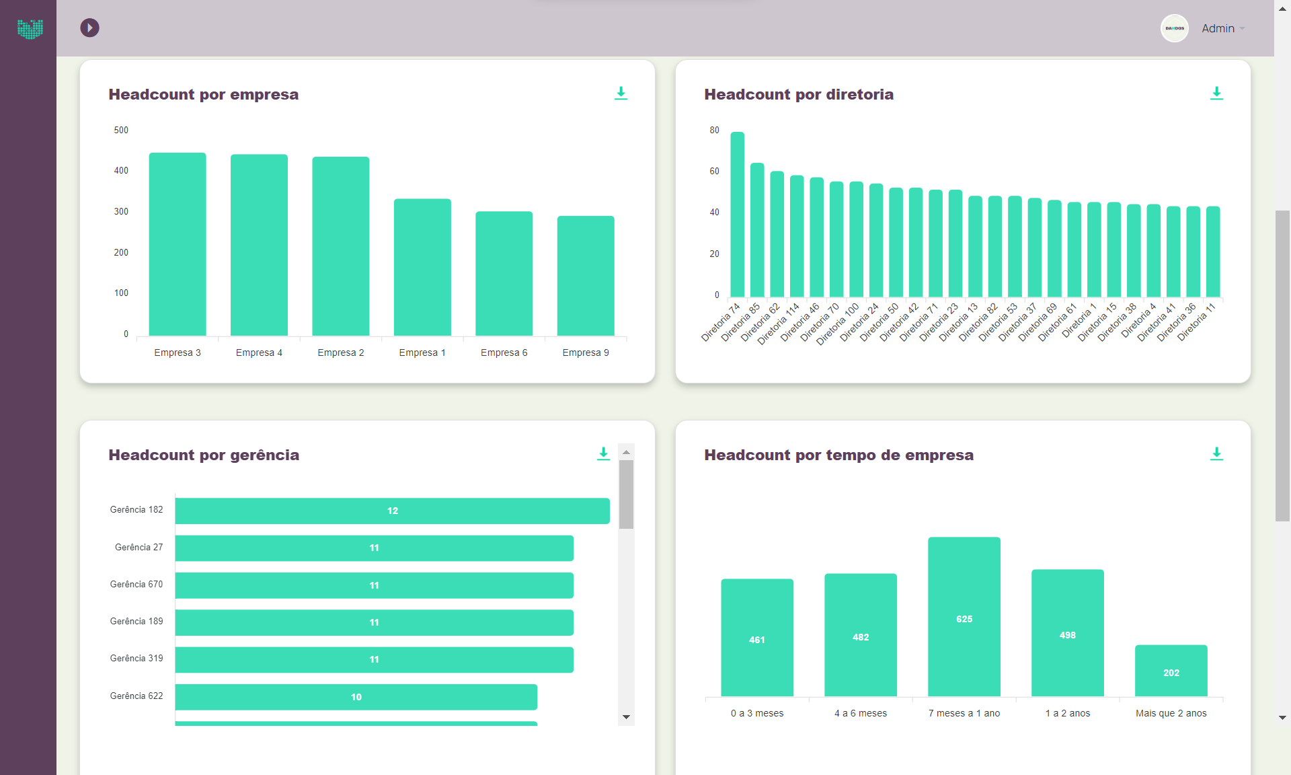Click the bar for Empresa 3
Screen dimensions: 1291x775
pos(178,244)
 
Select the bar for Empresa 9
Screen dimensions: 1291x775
pos(586,276)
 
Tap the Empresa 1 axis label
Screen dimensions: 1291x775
pos(422,353)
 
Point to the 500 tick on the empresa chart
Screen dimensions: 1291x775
pos(121,130)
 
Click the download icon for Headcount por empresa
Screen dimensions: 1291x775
pos(621,94)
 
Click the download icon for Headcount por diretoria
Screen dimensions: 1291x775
pos(1216,94)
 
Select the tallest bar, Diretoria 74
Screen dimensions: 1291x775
pos(738,215)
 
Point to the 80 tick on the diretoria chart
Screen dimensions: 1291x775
pos(714,130)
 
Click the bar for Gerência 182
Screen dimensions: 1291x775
pos(393,511)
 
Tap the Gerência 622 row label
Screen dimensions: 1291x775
pos(136,696)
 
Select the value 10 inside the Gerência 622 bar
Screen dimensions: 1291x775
pos(356,697)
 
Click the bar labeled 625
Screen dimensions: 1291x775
pos(964,616)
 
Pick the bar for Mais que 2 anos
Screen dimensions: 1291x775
pos(1171,671)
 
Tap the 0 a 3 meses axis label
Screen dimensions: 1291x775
pos(757,713)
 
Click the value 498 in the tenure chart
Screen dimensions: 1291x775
pos(1068,635)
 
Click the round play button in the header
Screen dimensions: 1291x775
pos(89,28)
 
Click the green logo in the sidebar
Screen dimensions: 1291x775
pos(30,28)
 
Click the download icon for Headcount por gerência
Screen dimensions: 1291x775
pos(603,454)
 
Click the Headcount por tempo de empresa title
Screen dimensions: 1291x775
pos(838,455)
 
